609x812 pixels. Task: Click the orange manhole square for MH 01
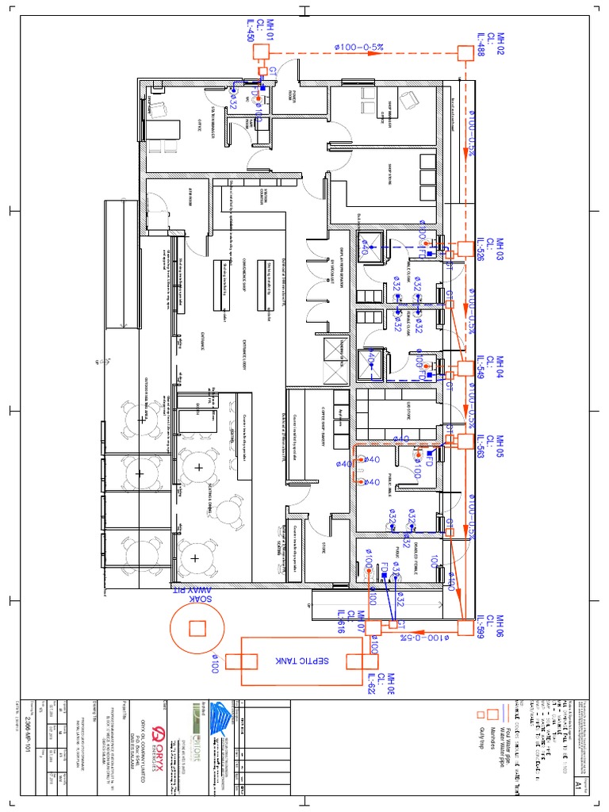point(262,52)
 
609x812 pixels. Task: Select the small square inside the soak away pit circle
point(197,629)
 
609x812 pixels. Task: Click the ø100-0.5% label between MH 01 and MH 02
point(359,48)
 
